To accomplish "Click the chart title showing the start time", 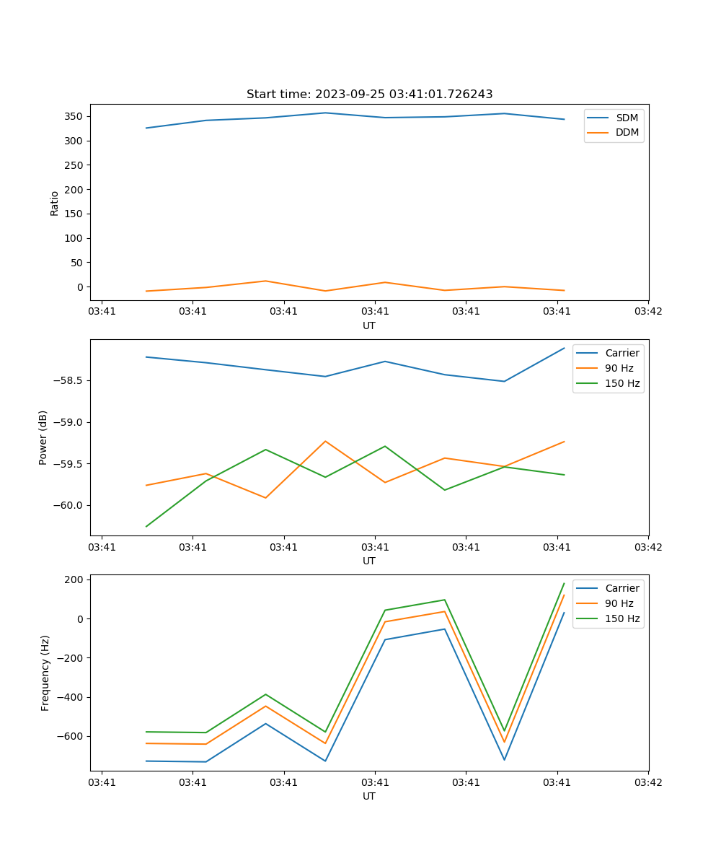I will click(x=369, y=95).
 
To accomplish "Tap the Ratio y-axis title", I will click(x=55, y=204).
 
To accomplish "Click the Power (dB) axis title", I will click(x=43, y=437).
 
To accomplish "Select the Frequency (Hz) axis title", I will click(x=45, y=673).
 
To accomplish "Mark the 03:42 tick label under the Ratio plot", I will click(x=647, y=311).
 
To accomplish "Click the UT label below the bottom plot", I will click(x=369, y=796).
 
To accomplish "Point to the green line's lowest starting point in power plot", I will click(x=146, y=526).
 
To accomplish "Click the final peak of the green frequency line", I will click(x=564, y=583).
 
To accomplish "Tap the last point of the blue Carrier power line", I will click(x=564, y=348).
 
